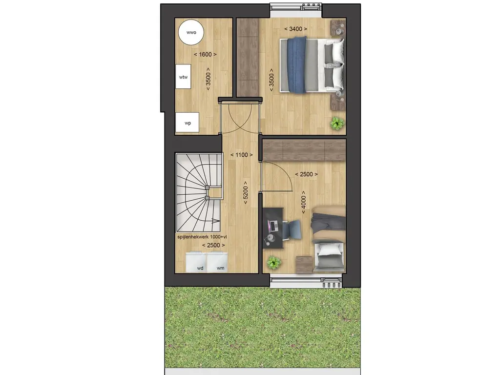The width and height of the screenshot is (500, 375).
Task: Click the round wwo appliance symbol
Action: [x=191, y=33]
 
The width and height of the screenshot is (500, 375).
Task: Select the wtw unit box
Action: [x=183, y=77]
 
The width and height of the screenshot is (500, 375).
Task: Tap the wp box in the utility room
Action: [x=187, y=123]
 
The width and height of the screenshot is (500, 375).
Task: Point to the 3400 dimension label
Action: [x=298, y=29]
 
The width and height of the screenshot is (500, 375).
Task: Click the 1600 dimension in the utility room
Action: [x=205, y=54]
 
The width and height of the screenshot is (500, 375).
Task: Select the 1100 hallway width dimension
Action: [x=241, y=155]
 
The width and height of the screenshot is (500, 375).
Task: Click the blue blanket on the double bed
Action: [x=296, y=65]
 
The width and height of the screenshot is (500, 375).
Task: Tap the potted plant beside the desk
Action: [x=274, y=263]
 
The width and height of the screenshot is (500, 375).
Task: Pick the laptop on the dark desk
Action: [x=272, y=226]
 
